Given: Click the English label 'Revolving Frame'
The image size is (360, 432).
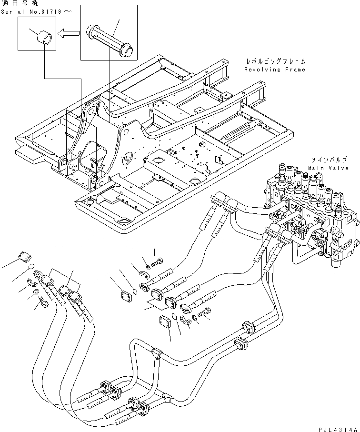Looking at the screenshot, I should (274, 70).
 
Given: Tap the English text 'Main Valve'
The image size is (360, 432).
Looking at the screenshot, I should (328, 168).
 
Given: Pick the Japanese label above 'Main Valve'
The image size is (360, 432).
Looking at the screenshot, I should (329, 160).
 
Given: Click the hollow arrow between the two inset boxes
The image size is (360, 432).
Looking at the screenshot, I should (68, 33).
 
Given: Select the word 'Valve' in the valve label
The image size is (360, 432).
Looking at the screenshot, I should (339, 168).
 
